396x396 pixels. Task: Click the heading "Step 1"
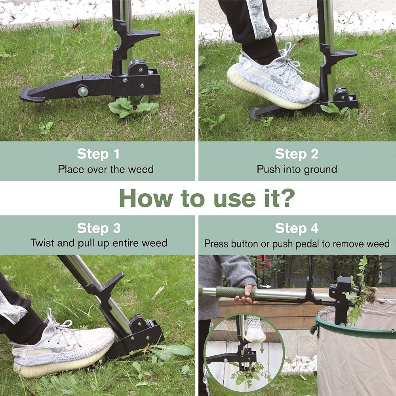[x=98, y=154]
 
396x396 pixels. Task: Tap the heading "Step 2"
[x=297, y=154]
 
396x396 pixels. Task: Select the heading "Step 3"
[x=99, y=228]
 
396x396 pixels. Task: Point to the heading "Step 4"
[x=297, y=228]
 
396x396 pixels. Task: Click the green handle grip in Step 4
[x=235, y=293]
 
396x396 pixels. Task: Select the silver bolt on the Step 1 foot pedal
[x=83, y=91]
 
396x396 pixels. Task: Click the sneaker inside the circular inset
[x=255, y=329]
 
